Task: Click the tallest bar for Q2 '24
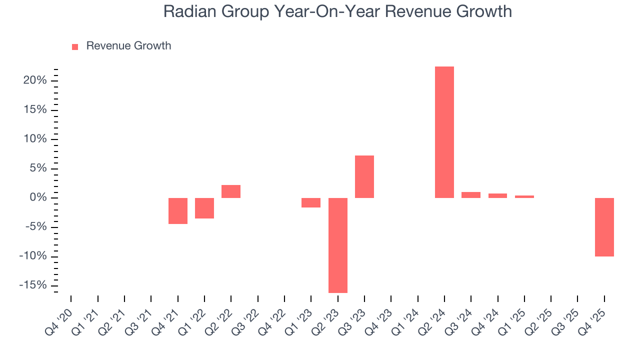[x=444, y=132]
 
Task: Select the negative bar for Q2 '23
[x=337, y=245]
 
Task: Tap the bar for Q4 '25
[x=604, y=227]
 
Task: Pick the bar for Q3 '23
[x=364, y=176]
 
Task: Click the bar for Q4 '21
[x=177, y=211]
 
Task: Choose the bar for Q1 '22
[x=204, y=208]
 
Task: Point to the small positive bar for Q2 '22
[x=231, y=191]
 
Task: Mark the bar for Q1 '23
[x=311, y=202]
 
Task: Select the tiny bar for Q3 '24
[x=471, y=195]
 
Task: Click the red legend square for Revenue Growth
[x=75, y=46]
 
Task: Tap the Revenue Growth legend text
[x=128, y=46]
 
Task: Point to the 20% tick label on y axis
[x=34, y=80]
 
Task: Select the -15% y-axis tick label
[x=33, y=285]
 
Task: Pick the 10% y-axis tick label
[x=35, y=139]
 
